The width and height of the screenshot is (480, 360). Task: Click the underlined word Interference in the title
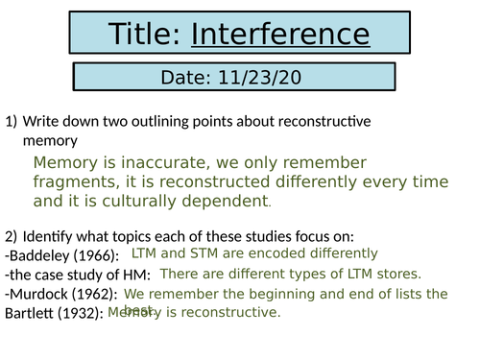(280, 36)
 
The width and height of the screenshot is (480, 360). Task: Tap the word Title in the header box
(145, 36)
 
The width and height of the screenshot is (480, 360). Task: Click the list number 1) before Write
(12, 122)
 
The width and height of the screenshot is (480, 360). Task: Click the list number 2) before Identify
(12, 236)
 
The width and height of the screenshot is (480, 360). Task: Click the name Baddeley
(40, 255)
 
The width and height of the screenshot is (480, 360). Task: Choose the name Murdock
(38, 294)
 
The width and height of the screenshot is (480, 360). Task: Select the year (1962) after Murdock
(92, 294)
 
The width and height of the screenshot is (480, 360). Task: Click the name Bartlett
(29, 314)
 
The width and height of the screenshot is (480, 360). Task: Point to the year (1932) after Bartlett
(79, 314)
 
